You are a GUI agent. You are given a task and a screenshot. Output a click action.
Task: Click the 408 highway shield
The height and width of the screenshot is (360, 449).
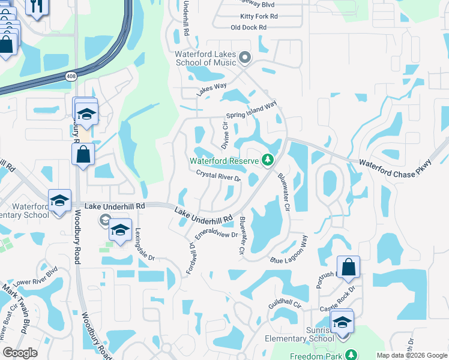pyautogui.click(x=70, y=76)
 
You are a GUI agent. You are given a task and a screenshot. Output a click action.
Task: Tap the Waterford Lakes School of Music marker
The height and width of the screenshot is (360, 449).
pyautogui.click(x=244, y=58)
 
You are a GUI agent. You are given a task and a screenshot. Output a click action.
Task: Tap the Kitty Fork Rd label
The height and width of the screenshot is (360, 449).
pyautogui.click(x=259, y=16)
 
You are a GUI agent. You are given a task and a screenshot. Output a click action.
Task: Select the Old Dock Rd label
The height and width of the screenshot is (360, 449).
pyautogui.click(x=248, y=28)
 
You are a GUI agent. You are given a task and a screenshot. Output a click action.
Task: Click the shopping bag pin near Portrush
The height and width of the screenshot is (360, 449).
pyautogui.click(x=348, y=268)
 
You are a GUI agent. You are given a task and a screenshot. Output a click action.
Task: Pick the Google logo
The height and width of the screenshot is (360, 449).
pyautogui.click(x=20, y=353)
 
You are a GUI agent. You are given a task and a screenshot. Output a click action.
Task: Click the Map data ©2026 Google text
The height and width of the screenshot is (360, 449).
pyautogui.click(x=411, y=355)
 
